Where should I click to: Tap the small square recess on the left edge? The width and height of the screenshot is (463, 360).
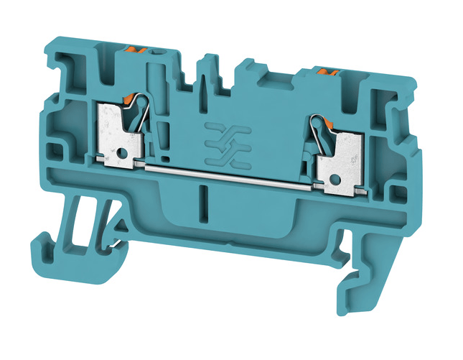pos(52,151)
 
